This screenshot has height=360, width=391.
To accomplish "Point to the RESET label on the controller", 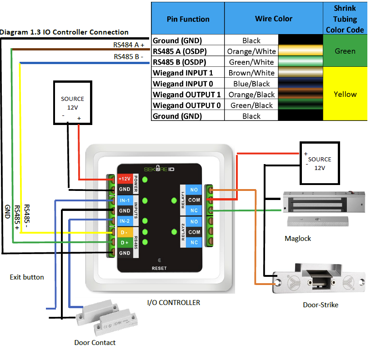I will [x=159, y=268].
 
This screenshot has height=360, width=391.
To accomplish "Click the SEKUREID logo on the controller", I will [x=159, y=169].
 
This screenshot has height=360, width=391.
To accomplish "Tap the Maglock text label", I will [x=298, y=238].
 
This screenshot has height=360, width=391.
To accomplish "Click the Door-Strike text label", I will [x=321, y=305].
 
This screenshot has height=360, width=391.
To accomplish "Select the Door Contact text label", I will [x=95, y=342].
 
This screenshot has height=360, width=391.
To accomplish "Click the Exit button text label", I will [x=27, y=277].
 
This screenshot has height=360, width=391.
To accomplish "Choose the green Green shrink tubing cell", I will [x=345, y=51].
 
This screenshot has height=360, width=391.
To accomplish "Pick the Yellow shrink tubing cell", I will [x=345, y=94].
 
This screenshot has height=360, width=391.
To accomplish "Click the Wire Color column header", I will [x=273, y=19].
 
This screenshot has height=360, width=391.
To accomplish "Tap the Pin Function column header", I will [x=188, y=19].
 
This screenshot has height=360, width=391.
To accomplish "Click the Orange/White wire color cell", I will [x=251, y=51].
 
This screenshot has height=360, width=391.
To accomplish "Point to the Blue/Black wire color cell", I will [x=251, y=84].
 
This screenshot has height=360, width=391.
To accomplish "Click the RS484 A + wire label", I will [x=129, y=45].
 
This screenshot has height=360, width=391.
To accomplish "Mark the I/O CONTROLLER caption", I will [x=173, y=302].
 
